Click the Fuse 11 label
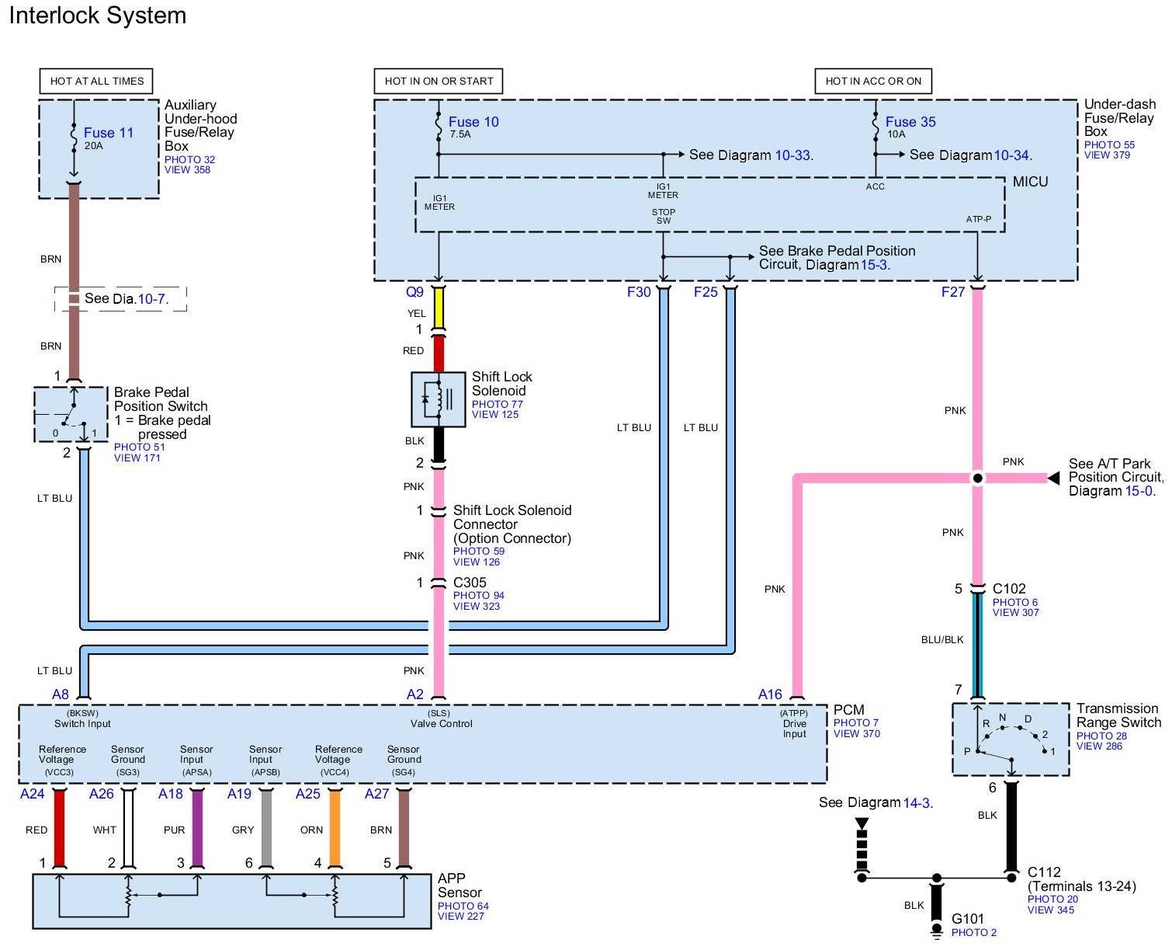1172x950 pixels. tap(109, 133)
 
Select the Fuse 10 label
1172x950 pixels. tap(473, 122)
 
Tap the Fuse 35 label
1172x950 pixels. tap(910, 122)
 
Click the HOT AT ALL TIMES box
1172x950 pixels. tap(97, 81)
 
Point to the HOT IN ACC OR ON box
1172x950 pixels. tap(873, 81)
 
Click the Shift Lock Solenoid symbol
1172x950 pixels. tap(438, 399)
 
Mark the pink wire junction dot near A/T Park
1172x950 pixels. tap(978, 478)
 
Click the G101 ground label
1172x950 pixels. tap(968, 919)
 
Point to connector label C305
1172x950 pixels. tap(470, 583)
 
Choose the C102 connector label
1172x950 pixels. tap(1009, 589)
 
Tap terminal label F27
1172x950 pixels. tap(952, 292)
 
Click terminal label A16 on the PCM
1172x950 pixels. tap(770, 694)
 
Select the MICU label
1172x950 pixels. tap(1030, 182)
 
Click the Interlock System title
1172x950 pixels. tap(98, 16)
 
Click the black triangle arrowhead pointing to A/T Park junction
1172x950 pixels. tap(1053, 478)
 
